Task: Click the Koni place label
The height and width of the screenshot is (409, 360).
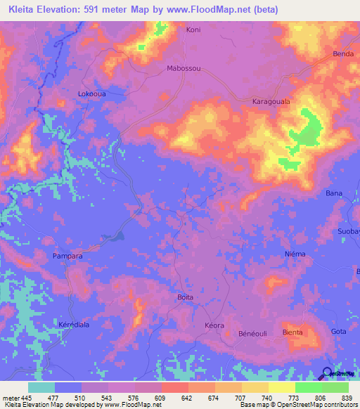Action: point(193,30)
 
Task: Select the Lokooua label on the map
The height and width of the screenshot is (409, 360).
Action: point(91,93)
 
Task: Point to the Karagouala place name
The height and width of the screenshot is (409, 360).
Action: point(271,102)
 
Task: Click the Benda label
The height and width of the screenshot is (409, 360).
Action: point(342,54)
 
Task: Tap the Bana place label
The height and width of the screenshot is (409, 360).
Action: point(333,193)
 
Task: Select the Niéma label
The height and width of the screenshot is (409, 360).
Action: point(295,254)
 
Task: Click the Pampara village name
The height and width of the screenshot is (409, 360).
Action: point(68,257)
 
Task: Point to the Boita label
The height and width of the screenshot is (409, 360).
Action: point(185,297)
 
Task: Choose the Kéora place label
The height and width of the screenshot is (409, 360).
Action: point(214,325)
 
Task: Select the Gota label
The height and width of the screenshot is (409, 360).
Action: point(339,332)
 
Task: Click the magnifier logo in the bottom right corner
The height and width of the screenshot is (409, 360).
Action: point(328,375)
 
